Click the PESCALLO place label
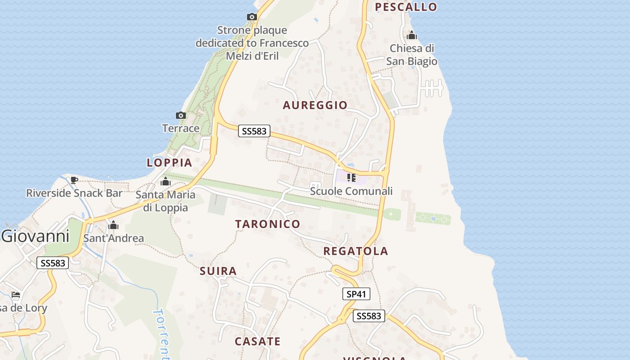406,7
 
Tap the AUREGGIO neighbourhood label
315,105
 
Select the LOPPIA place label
169,162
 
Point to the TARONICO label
268,224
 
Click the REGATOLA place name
355,251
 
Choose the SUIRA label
218,271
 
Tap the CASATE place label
257,342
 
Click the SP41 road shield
356,294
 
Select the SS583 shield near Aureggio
254,131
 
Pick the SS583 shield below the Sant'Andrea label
53,263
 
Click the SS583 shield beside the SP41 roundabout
369,316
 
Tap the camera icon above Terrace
181,116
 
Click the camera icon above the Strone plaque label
252,17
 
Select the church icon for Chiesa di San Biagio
411,35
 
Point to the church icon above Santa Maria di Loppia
166,181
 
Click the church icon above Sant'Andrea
113,225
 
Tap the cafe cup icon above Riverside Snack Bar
74,180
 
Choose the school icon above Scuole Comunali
351,178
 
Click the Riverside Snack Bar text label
74,193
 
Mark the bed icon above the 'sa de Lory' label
16,295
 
